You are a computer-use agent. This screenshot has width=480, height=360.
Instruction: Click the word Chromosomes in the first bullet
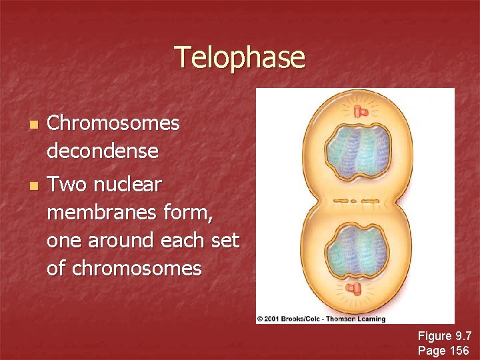113,123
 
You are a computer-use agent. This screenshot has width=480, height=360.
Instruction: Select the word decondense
103,152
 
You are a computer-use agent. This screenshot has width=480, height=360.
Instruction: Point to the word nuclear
137,184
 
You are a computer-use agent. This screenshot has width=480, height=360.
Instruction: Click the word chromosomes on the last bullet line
136,269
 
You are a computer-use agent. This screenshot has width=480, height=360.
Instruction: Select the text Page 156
443,350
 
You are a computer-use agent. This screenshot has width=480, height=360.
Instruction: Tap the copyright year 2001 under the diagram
275,319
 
